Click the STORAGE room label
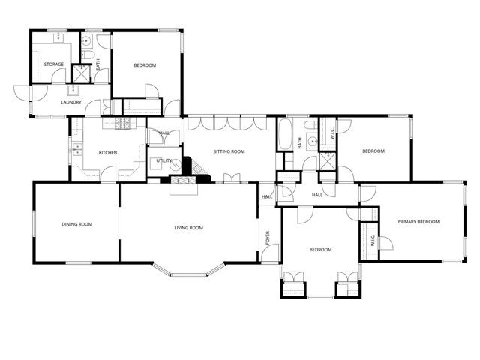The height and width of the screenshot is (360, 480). click(x=53, y=64)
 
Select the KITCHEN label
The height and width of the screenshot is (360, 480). click(x=108, y=153)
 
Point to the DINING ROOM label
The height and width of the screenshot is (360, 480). click(x=76, y=224)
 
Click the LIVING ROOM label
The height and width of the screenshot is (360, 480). click(x=189, y=228)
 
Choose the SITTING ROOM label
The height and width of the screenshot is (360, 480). click(x=229, y=151)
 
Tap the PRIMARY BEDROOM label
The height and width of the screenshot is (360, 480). click(x=418, y=222)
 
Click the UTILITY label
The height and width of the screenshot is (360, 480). click(x=164, y=161)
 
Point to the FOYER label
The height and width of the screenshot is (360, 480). click(x=268, y=238)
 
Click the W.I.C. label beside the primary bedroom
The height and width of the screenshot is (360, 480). click(x=372, y=241)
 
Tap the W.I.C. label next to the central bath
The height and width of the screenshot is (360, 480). click(x=332, y=136)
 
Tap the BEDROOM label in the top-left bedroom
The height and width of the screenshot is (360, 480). click(x=145, y=66)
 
